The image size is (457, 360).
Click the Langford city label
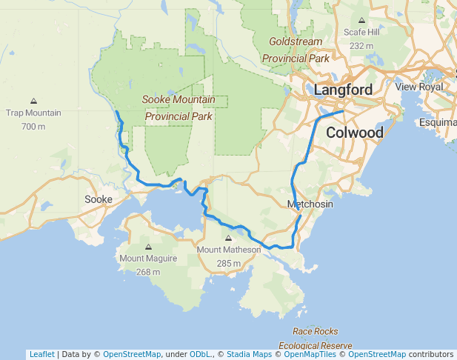(343, 90)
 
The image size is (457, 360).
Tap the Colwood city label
(355, 133)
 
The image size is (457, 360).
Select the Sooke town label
(99, 199)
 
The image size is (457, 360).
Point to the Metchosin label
(310, 204)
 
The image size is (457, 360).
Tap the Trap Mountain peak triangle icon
(33, 101)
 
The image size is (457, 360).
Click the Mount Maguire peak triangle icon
(148, 247)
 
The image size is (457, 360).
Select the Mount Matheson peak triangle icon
(228, 238)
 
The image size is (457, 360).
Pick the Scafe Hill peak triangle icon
(361, 21)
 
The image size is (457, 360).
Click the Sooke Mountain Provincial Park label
(179, 107)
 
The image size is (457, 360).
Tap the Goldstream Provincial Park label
(295, 49)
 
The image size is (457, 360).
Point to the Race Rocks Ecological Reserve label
(315, 339)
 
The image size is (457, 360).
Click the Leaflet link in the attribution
(41, 354)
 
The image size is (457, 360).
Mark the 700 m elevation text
(33, 127)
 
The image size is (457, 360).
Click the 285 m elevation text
(228, 263)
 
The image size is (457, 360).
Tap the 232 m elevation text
(361, 45)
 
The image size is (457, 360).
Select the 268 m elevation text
(148, 272)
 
